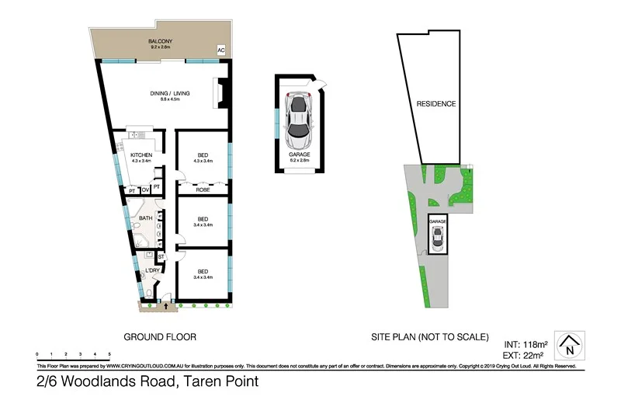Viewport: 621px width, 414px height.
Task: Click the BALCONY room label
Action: coord(162,41)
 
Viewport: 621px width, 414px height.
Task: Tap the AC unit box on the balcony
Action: coord(221,50)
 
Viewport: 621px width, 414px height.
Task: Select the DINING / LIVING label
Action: coord(169,94)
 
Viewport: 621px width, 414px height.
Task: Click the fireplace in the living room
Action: coord(221,92)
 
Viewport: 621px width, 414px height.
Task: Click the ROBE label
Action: coord(203,189)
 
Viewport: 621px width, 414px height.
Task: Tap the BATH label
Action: coord(145,218)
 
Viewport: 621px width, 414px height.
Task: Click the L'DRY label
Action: coord(152,270)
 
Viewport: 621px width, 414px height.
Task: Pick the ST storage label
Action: coord(161,256)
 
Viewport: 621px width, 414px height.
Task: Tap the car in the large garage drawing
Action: coord(299,121)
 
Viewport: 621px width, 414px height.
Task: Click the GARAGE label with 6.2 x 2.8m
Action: coord(300,155)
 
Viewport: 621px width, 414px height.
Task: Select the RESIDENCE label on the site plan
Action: coord(435,104)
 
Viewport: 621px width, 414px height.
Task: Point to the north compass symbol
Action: coord(571,346)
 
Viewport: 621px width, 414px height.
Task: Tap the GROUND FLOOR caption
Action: coord(160,337)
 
